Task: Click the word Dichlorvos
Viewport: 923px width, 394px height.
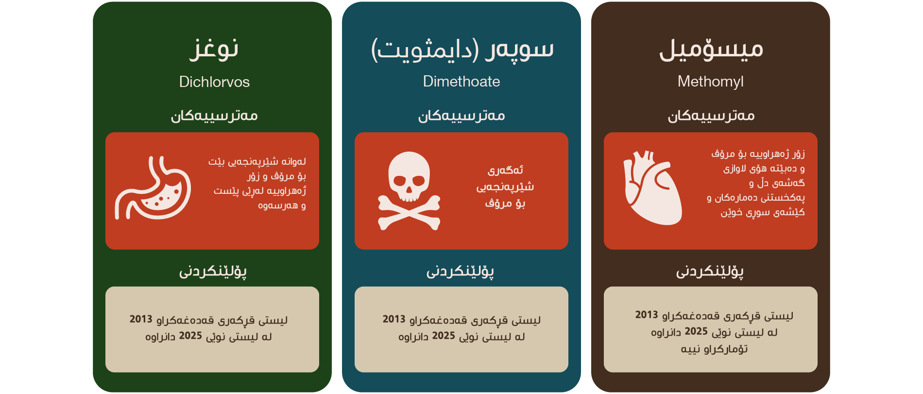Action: pos(214,82)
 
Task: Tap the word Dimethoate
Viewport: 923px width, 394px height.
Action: pos(461,81)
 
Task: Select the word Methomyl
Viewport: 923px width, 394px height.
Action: pos(711,82)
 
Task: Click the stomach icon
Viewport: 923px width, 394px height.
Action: pos(153,188)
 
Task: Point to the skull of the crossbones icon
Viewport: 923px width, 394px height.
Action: pos(409,176)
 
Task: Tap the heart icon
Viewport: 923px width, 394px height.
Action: pos(653,188)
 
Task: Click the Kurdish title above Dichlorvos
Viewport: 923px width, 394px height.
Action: pos(214,49)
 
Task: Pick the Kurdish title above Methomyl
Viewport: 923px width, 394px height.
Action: pos(711,49)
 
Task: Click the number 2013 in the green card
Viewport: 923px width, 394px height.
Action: pos(141,319)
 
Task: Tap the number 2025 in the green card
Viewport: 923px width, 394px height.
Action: pos(190,336)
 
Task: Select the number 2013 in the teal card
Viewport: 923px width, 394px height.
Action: pos(394,319)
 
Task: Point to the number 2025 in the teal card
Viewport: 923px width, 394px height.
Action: pos(444,336)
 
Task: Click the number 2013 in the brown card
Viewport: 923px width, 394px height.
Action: pos(647,315)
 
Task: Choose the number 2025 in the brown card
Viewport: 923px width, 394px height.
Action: pos(696,331)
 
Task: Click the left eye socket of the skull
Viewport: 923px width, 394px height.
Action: pos(399,181)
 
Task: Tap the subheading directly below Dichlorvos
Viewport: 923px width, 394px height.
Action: pos(214,116)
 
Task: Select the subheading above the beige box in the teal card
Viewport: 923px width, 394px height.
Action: pos(461,271)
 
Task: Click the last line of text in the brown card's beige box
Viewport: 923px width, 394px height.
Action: pos(714,349)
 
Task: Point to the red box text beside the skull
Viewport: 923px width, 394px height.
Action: pos(505,187)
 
